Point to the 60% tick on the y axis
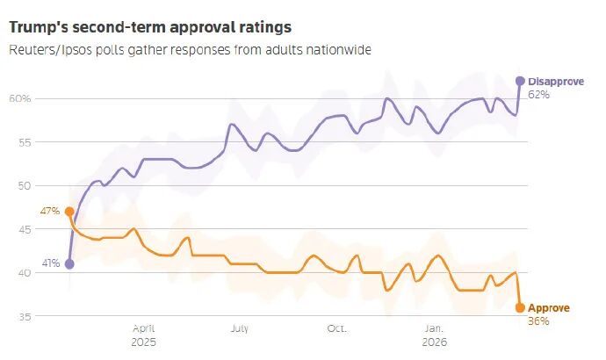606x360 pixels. [x=20, y=98]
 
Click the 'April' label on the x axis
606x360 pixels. [x=142, y=328]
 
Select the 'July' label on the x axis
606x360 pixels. [x=239, y=328]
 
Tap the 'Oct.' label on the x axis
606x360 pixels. [x=337, y=328]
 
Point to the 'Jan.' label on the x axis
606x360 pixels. [x=434, y=328]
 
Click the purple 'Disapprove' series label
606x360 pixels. [x=556, y=82]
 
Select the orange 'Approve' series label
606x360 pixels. [x=549, y=308]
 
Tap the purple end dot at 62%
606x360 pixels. [x=520, y=81]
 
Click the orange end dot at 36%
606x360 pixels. [x=520, y=307]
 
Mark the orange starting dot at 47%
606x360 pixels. [x=69, y=212]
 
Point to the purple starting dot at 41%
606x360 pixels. [x=69, y=263]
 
